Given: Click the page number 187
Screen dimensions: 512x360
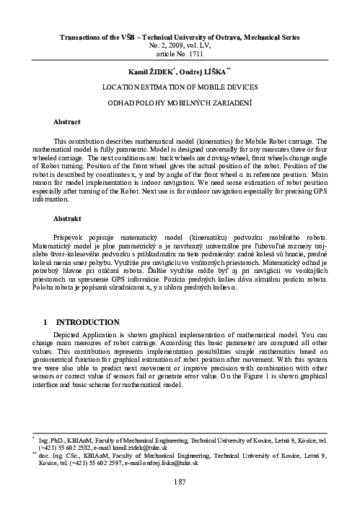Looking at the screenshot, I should click(x=180, y=480).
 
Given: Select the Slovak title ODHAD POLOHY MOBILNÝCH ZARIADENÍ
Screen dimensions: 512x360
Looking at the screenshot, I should click(x=180, y=103).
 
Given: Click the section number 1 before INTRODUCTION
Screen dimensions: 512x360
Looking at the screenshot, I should click(x=46, y=320).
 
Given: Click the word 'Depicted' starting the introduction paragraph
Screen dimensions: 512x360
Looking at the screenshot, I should click(x=70, y=334).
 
